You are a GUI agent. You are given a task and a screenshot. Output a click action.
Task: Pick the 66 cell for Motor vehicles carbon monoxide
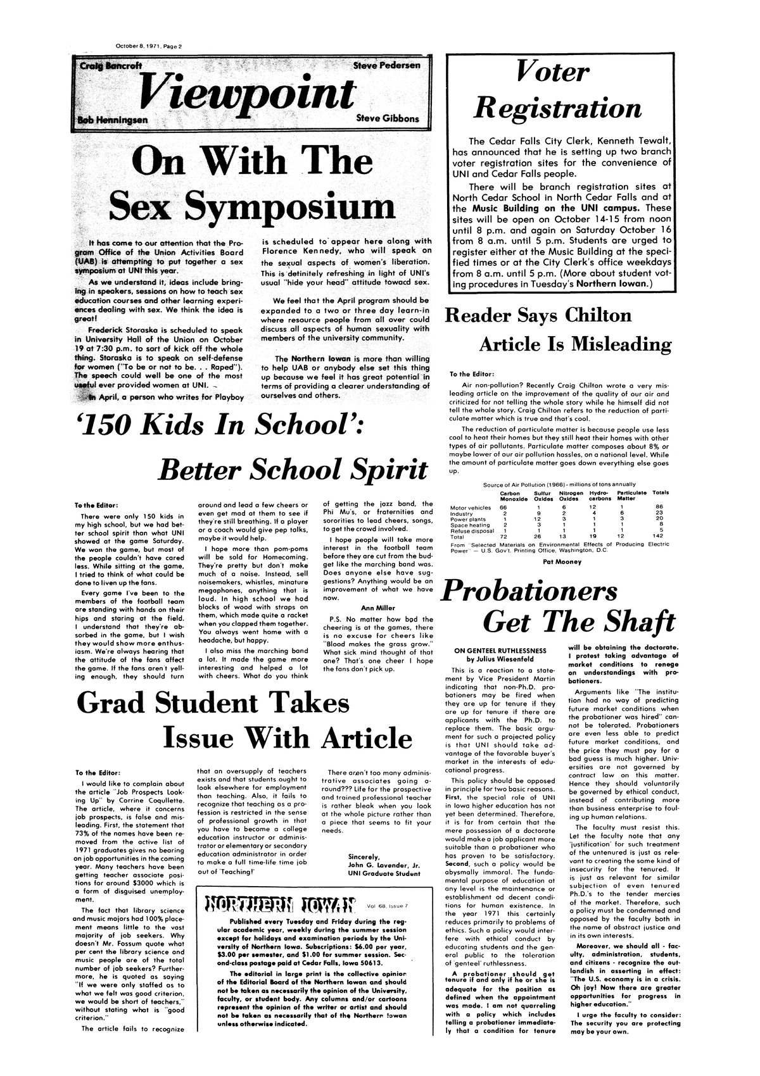pos(503,506)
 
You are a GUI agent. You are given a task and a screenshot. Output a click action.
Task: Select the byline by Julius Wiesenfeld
pos(500,658)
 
